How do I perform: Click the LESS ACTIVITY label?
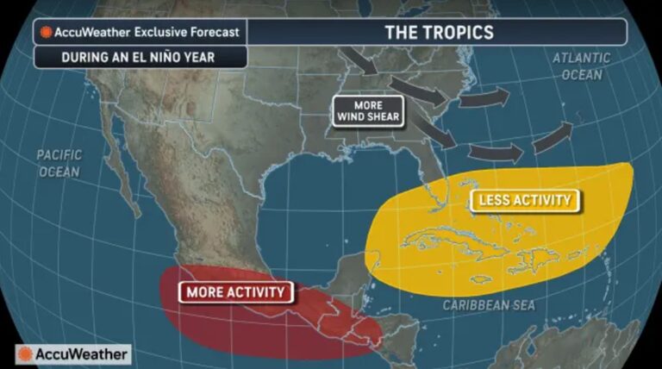[524, 201]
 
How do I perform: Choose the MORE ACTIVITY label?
[234, 292]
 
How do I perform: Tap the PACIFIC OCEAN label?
[59, 163]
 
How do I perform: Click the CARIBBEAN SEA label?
[489, 305]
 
